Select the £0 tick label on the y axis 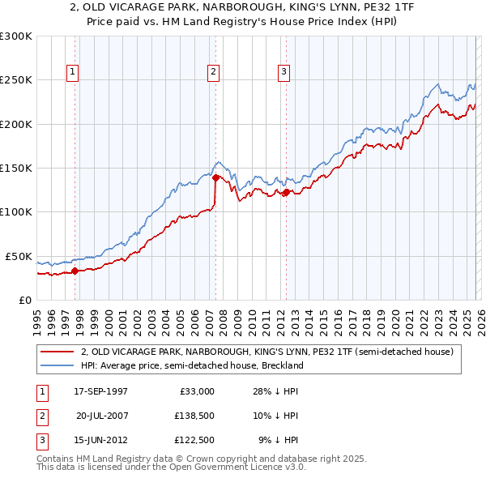pos(24,300)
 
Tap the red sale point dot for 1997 pos(75,271)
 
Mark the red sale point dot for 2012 pos(286,192)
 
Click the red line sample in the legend pos(58,352)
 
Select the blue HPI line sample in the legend pos(58,365)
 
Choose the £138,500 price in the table pos(192,415)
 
